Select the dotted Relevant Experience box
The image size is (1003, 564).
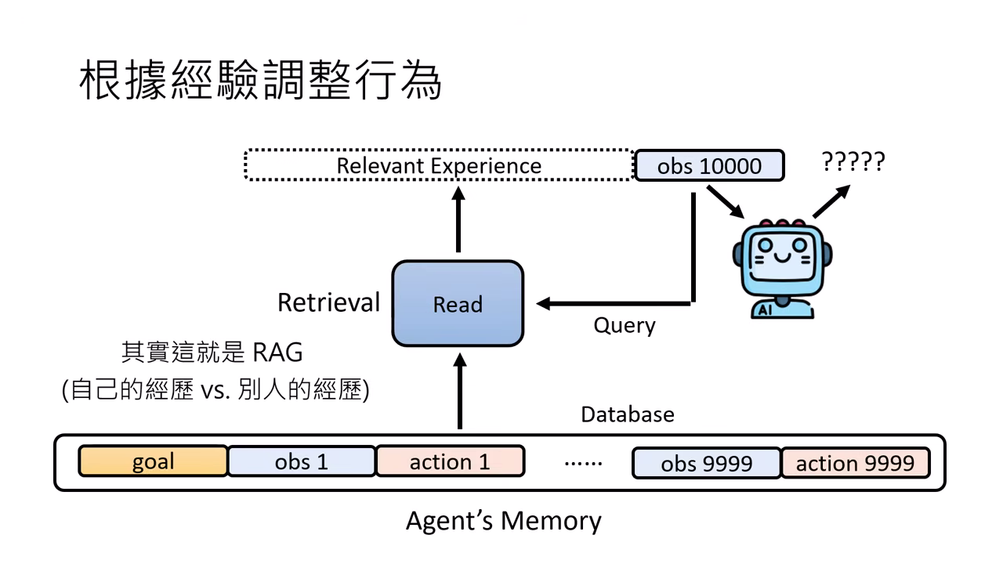tap(439, 165)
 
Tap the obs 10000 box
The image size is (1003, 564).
tap(708, 166)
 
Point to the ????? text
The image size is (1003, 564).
tap(853, 162)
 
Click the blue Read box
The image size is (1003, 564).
tap(458, 304)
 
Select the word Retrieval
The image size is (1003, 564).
tap(328, 302)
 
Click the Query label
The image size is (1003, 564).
tap(624, 324)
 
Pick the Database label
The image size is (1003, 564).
tap(627, 414)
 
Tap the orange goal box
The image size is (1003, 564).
tap(153, 461)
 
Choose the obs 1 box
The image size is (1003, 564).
tap(301, 461)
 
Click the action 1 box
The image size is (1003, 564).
tap(450, 461)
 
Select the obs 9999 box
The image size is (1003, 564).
tap(706, 463)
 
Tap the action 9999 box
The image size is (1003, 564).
tap(855, 463)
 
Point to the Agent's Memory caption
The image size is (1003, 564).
tap(503, 520)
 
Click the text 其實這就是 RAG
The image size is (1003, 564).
tap(212, 352)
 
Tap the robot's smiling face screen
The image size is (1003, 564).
tap(780, 253)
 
